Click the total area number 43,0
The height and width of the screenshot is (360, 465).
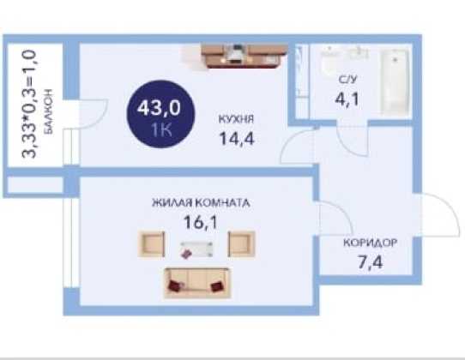point(159,107)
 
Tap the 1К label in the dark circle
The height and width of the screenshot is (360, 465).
point(161,129)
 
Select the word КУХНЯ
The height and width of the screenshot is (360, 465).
point(236,119)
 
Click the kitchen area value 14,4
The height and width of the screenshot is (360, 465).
point(236,138)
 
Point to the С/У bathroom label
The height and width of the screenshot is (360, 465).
point(347,80)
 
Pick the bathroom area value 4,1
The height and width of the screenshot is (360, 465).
point(347,99)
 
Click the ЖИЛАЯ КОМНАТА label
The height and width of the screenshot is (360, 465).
point(201,203)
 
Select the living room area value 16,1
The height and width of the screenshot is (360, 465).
point(201,222)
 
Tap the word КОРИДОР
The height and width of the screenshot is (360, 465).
point(370,243)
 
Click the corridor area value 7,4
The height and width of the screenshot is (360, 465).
point(371,262)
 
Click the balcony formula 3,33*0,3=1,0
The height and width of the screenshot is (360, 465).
point(30,105)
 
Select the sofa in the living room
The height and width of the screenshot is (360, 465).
point(197,282)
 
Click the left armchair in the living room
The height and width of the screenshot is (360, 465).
point(151,243)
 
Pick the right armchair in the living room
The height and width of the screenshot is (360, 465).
point(241,243)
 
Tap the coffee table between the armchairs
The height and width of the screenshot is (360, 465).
point(196,249)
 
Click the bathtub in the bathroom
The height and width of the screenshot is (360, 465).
point(395,81)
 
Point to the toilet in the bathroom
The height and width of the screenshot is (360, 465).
point(330,63)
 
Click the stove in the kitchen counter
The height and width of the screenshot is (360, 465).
point(236,54)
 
